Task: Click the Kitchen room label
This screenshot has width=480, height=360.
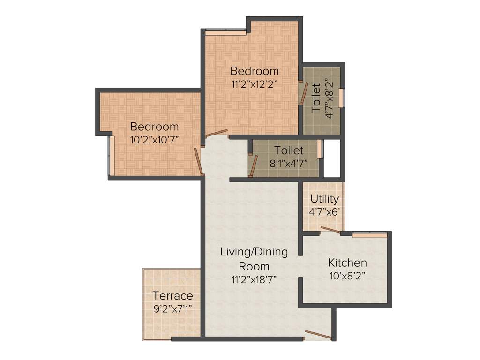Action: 347,262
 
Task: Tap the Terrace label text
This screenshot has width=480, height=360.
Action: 172,296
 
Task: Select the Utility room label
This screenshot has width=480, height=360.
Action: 324,198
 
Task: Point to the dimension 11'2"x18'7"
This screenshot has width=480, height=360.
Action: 254,280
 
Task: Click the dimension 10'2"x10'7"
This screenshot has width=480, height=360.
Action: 154,139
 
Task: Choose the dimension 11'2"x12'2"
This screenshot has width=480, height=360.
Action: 255,84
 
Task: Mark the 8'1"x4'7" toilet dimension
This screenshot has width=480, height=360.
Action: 289,163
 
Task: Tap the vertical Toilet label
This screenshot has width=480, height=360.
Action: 317,97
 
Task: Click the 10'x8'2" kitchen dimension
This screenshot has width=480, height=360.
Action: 347,276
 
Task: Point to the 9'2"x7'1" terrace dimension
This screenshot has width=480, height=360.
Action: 172,309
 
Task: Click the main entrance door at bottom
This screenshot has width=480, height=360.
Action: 318,335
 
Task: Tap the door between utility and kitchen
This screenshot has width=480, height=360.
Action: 330,230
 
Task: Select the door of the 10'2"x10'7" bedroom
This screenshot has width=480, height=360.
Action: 199,161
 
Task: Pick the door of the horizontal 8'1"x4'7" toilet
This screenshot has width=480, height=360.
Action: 254,165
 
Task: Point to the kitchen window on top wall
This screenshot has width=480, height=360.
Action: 369,235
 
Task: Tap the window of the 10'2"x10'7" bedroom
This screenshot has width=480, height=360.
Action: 110,155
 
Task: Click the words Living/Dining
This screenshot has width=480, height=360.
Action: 254,252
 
